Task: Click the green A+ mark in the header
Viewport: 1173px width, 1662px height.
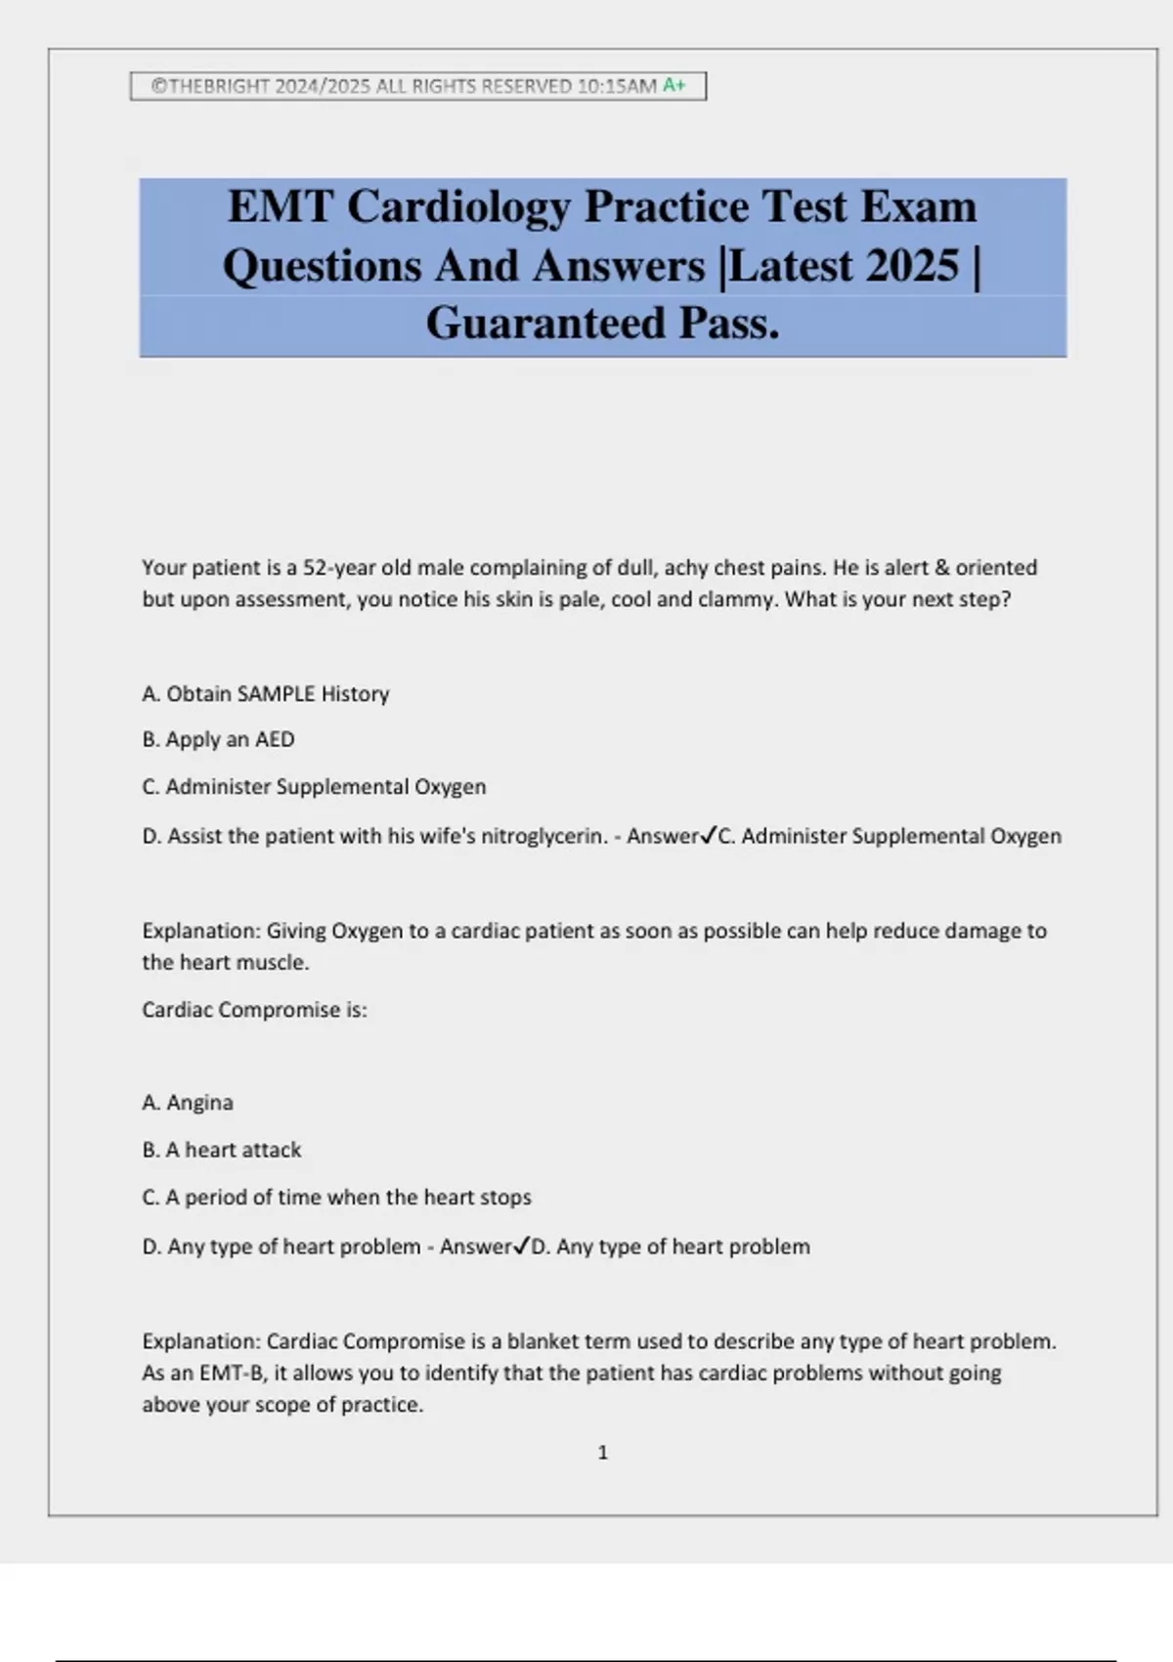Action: (x=674, y=85)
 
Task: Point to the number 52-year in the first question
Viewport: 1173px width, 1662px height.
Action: (x=336, y=568)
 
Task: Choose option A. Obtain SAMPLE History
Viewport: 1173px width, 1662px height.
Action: (x=266, y=694)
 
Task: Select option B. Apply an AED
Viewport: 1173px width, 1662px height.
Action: (x=218, y=740)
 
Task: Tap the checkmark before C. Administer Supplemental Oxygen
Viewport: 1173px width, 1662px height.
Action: (x=710, y=836)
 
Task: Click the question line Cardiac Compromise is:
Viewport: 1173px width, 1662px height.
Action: (x=254, y=1010)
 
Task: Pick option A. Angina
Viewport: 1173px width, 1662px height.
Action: (x=188, y=1103)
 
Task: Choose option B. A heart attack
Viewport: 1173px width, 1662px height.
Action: (x=222, y=1151)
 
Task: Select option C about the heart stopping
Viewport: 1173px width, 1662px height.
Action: (x=336, y=1198)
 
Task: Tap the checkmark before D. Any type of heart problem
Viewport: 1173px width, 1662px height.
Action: (x=522, y=1246)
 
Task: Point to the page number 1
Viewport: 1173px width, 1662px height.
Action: (x=602, y=1453)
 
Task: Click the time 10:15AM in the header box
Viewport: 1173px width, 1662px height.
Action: (x=617, y=86)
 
